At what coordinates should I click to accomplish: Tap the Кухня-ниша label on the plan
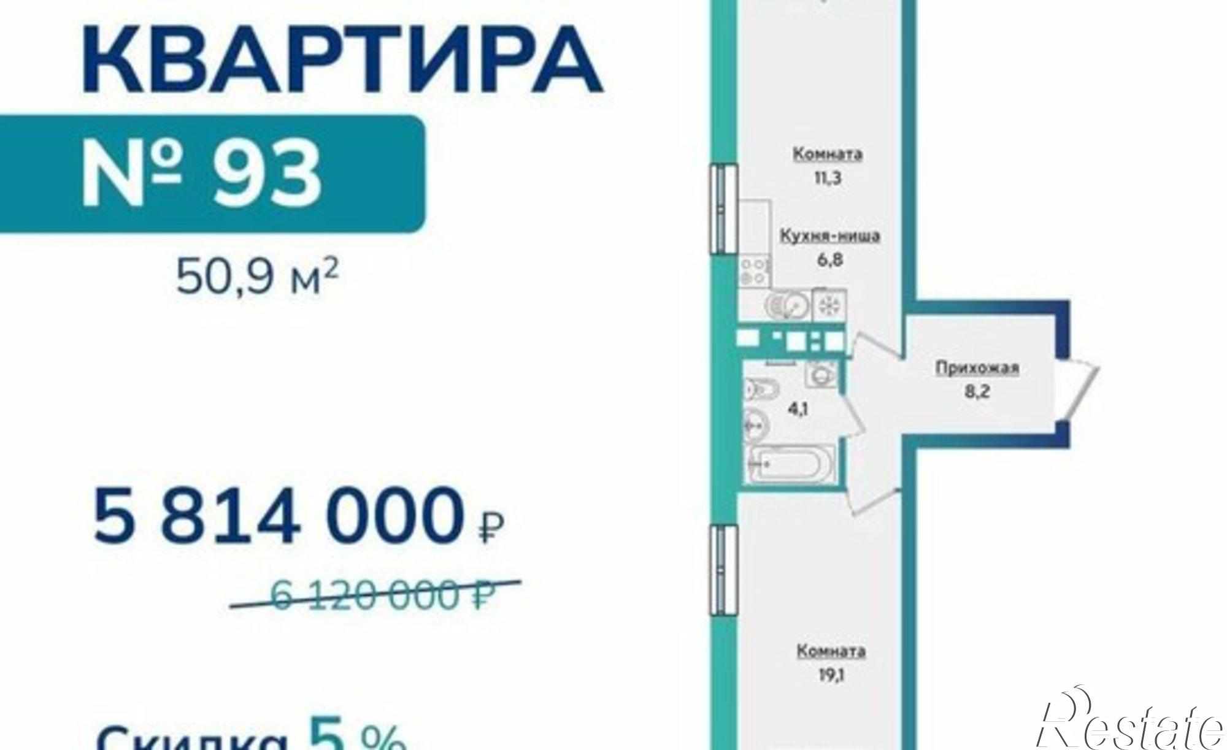829,235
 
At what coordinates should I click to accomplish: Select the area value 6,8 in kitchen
829,259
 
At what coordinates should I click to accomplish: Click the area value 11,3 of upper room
828,178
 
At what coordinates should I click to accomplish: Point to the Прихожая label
977,368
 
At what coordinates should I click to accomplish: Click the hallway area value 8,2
977,391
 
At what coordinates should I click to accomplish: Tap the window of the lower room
722,570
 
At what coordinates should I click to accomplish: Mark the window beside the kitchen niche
722,208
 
